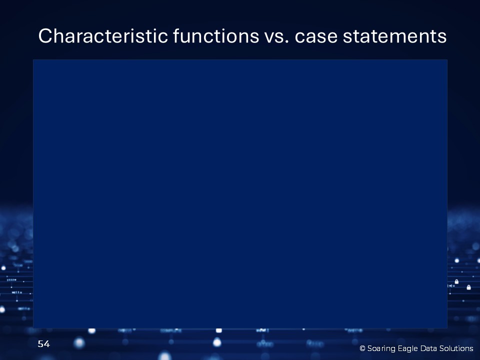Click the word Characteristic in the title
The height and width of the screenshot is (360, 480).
click(x=103, y=36)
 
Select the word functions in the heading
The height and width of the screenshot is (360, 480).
click(x=216, y=36)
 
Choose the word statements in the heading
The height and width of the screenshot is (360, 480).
click(x=394, y=36)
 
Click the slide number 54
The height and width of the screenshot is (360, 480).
click(x=44, y=344)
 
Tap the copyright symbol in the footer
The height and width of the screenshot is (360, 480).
click(x=362, y=348)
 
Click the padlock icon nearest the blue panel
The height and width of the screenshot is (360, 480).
click(x=456, y=281)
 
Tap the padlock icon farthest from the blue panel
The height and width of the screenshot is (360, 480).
click(x=468, y=287)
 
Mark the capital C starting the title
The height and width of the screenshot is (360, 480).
click(x=44, y=36)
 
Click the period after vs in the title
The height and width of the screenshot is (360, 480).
click(x=287, y=42)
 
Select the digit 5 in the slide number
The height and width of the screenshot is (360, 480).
click(x=40, y=344)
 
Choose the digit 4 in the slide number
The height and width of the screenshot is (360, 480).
click(x=47, y=344)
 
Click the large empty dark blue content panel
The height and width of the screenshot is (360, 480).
click(x=240, y=194)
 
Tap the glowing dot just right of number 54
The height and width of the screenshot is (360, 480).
click(x=79, y=343)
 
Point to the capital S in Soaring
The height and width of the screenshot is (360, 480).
click(x=369, y=348)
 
